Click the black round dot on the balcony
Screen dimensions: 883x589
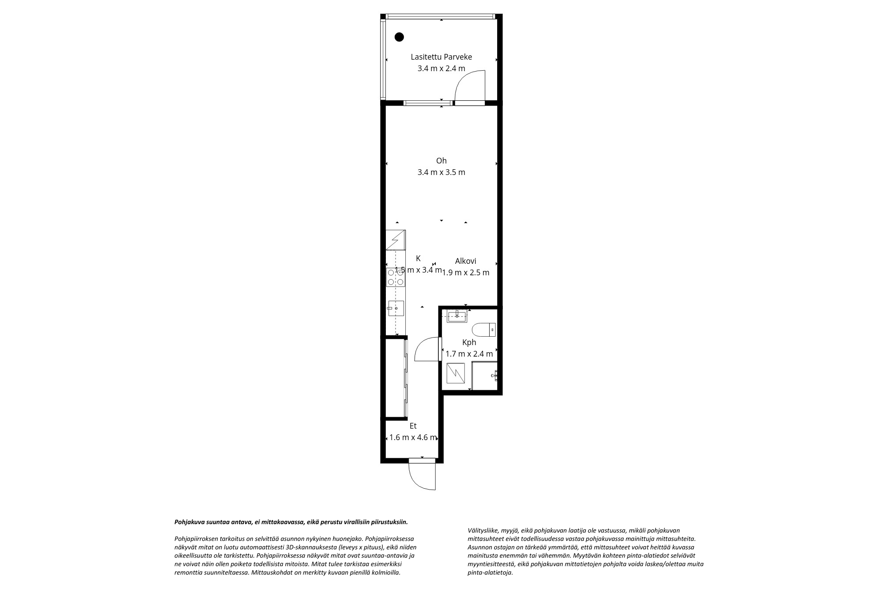pos(399,37)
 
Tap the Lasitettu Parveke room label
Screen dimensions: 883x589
pos(441,57)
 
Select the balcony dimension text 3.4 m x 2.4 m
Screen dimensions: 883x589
pos(441,68)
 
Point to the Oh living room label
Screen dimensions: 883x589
pos(441,161)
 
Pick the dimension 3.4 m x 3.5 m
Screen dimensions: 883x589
pos(441,172)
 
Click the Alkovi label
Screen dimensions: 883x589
pos(465,261)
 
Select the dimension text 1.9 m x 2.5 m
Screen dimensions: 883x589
pos(466,273)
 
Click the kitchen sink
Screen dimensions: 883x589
pos(396,308)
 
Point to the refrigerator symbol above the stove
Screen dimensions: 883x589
pos(396,240)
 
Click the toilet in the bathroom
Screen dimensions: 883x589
pos(484,330)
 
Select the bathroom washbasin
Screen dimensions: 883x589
pos(457,316)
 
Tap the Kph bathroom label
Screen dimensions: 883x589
pos(469,342)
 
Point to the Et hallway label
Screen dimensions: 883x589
pos(413,426)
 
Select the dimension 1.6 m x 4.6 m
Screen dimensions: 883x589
pos(413,438)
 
